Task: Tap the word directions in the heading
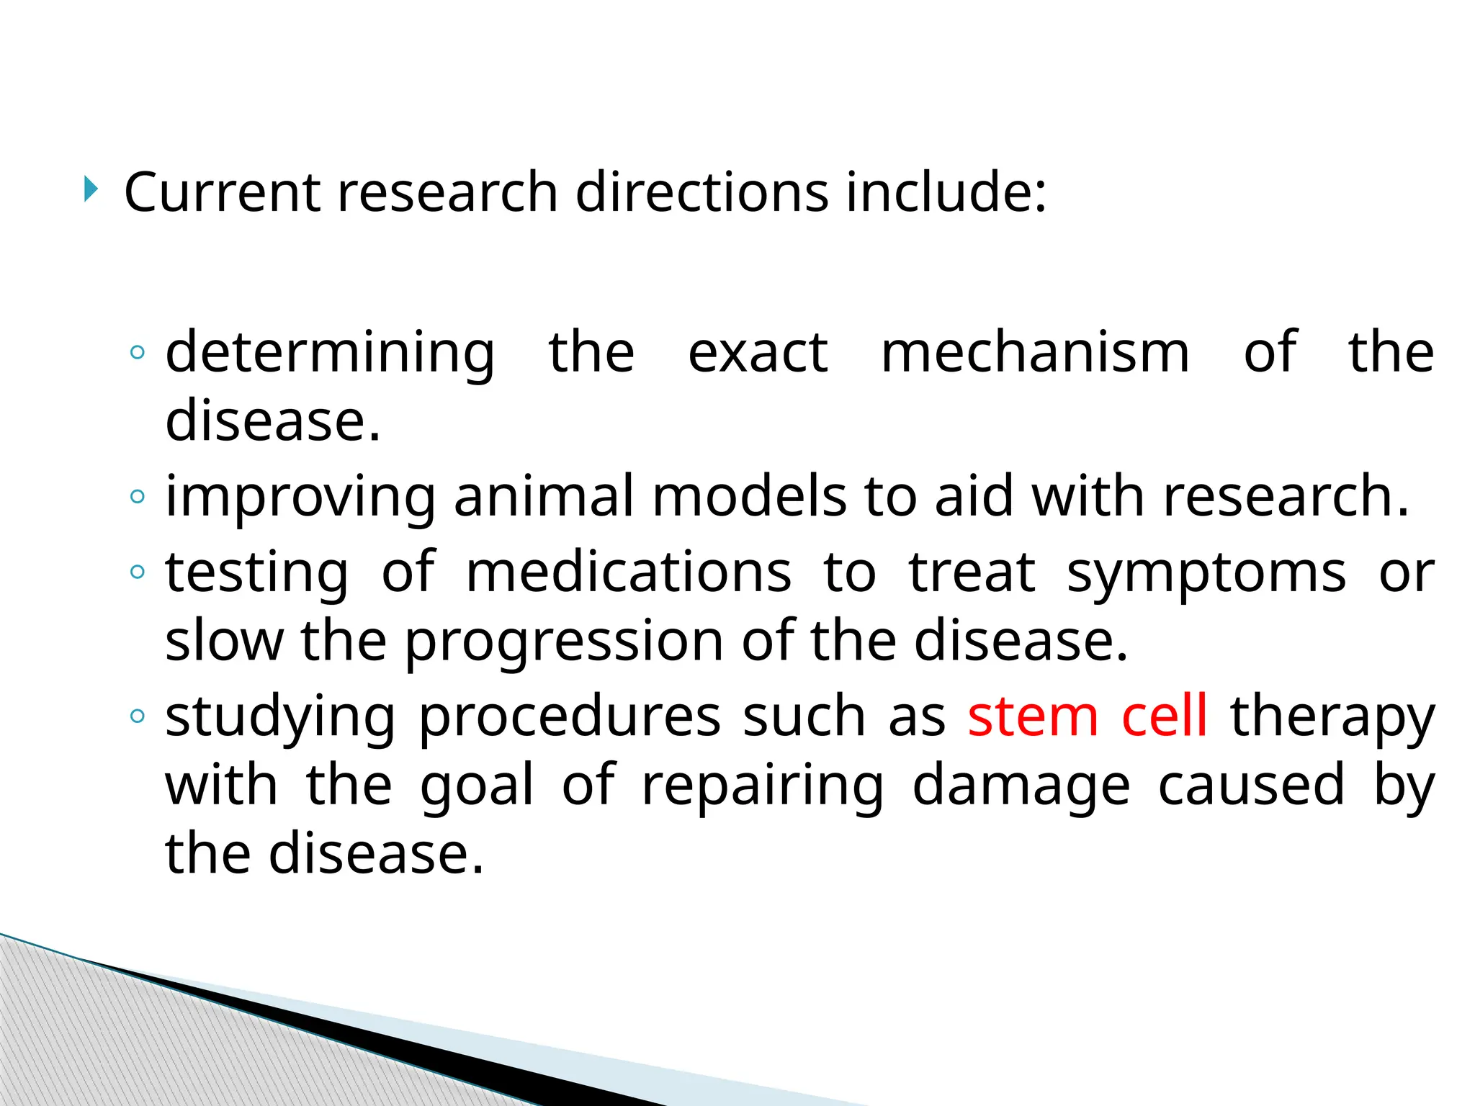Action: [x=702, y=192]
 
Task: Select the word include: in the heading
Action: [x=946, y=192]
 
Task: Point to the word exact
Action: [x=758, y=353]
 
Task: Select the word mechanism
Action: [x=1035, y=353]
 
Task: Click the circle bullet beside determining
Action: [x=138, y=353]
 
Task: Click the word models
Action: [x=749, y=497]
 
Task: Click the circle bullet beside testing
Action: [x=138, y=572]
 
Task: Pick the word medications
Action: [x=629, y=572]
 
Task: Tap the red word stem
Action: [x=1033, y=716]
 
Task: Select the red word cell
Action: [x=1164, y=716]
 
